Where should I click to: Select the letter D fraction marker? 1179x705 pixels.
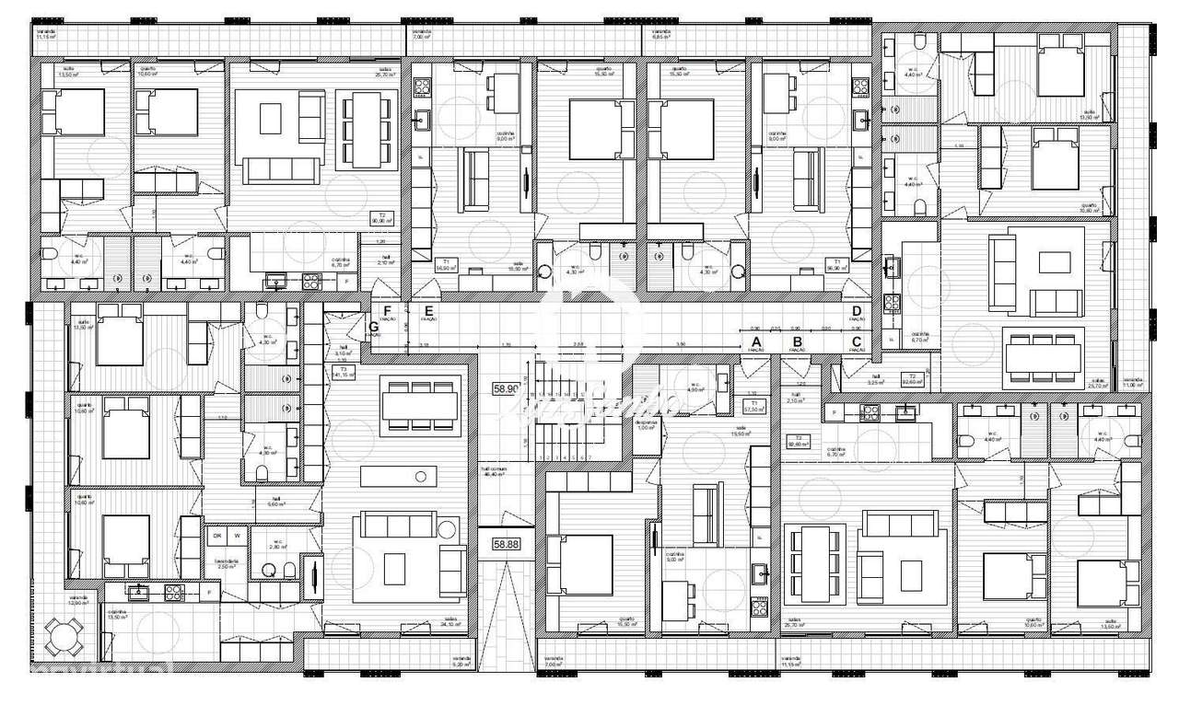856,312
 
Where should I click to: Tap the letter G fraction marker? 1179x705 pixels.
374,328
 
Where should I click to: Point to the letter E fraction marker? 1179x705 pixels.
428,312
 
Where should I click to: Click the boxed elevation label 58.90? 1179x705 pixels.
507,389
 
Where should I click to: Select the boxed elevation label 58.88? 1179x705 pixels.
507,544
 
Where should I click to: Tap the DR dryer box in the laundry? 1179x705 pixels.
217,536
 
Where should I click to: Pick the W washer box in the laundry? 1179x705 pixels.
237,536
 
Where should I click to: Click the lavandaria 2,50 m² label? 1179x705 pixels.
226,562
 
